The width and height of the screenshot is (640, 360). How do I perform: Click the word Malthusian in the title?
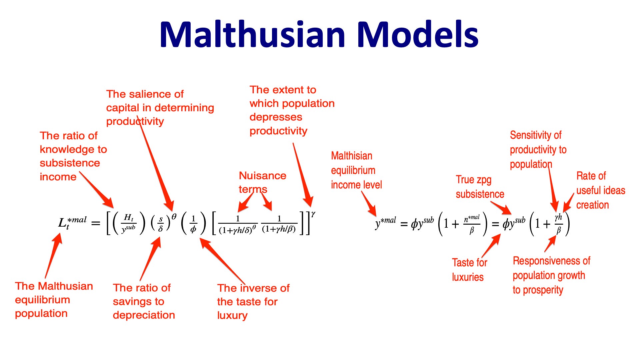(x=253, y=35)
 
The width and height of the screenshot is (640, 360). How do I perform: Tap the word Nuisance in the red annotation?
(x=263, y=176)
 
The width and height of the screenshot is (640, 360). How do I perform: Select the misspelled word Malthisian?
(x=351, y=156)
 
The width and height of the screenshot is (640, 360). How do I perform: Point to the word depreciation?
(x=144, y=315)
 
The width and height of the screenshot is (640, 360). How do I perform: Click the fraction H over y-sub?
(x=128, y=223)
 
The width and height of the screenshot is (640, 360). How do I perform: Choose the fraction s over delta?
(x=161, y=224)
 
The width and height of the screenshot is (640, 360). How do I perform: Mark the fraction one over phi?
(x=193, y=224)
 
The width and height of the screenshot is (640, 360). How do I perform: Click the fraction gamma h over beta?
(x=558, y=224)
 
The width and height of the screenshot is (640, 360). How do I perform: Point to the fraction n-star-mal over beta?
(x=472, y=224)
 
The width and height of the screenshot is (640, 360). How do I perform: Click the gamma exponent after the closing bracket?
(x=313, y=214)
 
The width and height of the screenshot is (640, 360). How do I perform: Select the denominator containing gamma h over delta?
(x=238, y=230)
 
